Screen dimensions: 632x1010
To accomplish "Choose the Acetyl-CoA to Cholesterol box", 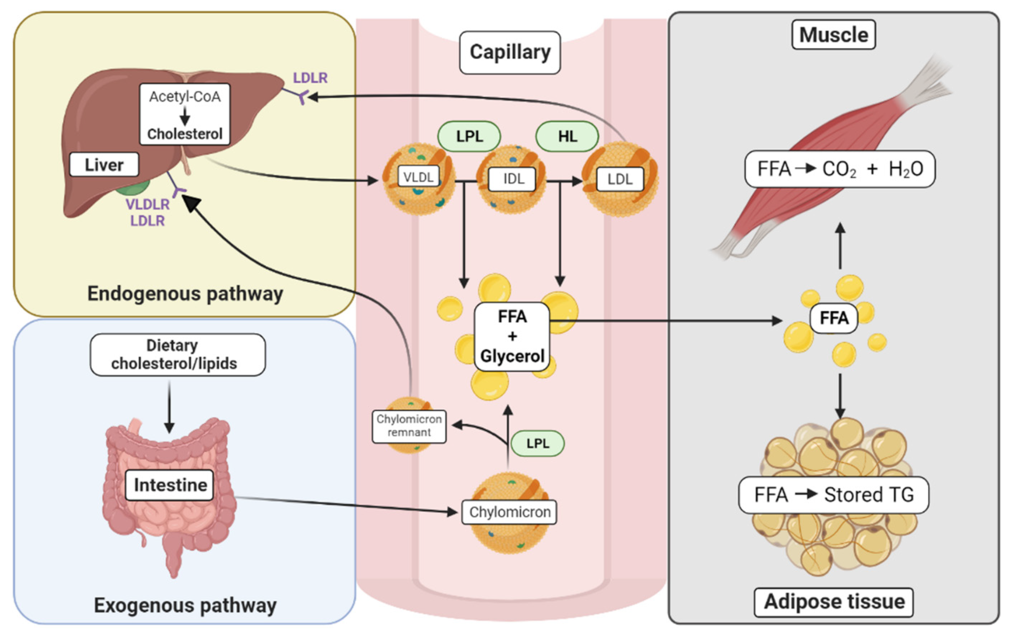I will [185, 114].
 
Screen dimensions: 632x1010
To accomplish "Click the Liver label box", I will [104, 165].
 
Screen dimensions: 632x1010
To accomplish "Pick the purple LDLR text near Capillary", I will [310, 78].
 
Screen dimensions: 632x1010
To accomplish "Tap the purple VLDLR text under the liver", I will [147, 204].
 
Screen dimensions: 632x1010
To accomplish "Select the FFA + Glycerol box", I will [512, 337].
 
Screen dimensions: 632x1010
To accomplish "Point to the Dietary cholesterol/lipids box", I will [178, 355].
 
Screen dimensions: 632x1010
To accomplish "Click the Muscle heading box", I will [833, 35].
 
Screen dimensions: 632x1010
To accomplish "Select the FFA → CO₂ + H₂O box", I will [840, 169].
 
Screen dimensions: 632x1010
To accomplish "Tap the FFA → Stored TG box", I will [833, 495].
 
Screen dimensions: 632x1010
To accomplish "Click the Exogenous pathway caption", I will [185, 605].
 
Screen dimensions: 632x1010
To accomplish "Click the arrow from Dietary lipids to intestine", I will [169, 408].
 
